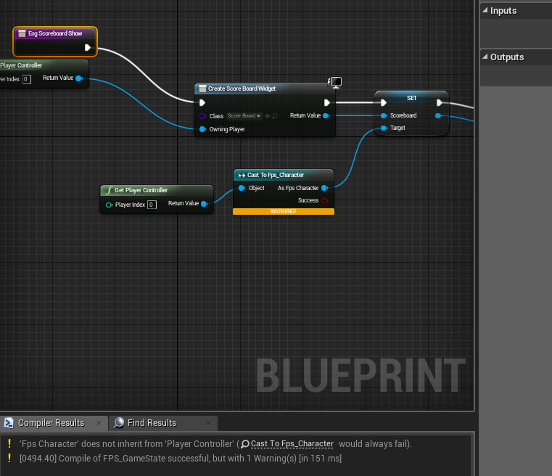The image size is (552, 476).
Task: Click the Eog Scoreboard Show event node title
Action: pos(54,33)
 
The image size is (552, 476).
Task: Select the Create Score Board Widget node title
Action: pos(242,89)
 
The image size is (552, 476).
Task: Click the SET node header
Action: pos(411,97)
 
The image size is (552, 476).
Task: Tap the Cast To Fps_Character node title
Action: pos(276,175)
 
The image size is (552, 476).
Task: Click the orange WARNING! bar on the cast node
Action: pos(283,211)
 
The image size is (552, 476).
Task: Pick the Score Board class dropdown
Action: pos(244,116)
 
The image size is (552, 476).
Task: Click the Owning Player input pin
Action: pos(202,129)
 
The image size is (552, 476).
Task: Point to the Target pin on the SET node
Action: pos(384,128)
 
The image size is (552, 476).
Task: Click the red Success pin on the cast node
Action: pos(324,200)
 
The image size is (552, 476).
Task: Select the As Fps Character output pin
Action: pos(324,188)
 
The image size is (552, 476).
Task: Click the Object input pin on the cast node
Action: pos(242,188)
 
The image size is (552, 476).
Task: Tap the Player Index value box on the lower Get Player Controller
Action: pos(152,205)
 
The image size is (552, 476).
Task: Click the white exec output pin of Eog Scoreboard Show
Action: pos(88,48)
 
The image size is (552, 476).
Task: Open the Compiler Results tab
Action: pos(51,423)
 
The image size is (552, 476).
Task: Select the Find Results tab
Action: pos(152,423)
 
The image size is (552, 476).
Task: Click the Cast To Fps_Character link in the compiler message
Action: pos(292,443)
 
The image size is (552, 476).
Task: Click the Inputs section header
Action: pos(503,11)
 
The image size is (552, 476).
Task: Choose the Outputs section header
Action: pos(506,57)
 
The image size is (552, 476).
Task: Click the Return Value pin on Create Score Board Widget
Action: pos(326,115)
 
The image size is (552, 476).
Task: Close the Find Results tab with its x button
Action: pos(208,423)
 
